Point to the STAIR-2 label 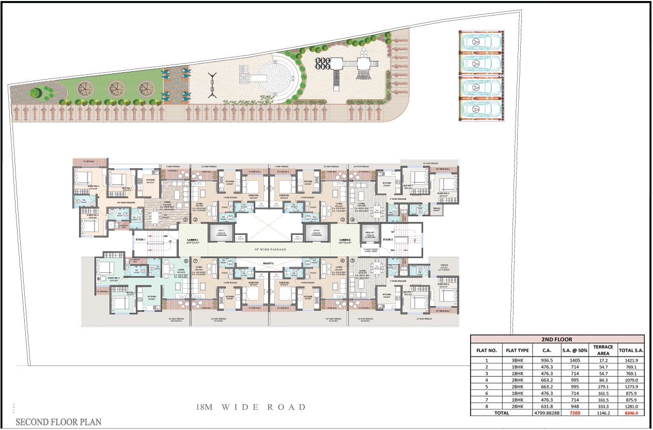point(388,240)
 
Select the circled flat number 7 point(195,261)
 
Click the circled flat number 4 point(352,220)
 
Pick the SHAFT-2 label point(268,263)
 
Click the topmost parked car point(481,41)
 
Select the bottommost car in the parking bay point(481,109)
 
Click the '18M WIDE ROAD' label point(251,407)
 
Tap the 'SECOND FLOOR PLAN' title point(58,422)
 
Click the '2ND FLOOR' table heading point(557,339)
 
